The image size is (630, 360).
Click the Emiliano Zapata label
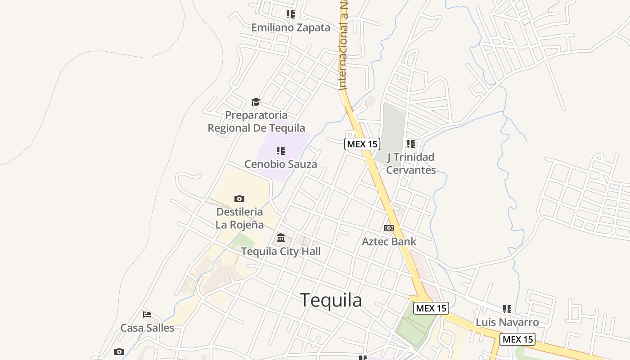click(291, 27)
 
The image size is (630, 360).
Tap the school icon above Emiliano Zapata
click(291, 14)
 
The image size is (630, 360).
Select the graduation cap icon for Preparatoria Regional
click(256, 102)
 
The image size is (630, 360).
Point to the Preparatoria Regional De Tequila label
click(256, 121)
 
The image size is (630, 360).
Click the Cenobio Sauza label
click(280, 164)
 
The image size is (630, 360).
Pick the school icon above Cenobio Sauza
click(280, 150)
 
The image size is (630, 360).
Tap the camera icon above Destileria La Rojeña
click(239, 198)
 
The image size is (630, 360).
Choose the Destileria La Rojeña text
click(239, 218)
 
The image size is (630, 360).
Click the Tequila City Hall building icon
click(281, 238)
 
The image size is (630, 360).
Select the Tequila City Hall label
click(281, 251)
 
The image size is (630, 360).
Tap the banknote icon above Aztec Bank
click(389, 228)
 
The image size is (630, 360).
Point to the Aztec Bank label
click(389, 242)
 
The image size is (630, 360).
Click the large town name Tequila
click(331, 300)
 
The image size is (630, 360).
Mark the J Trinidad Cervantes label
click(411, 163)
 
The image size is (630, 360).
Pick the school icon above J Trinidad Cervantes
click(410, 144)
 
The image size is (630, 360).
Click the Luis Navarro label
click(507, 322)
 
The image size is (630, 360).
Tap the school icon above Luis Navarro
click(507, 309)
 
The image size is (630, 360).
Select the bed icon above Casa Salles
click(147, 315)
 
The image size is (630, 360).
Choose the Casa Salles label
click(147, 328)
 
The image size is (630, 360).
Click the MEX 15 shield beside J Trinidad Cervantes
click(362, 144)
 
